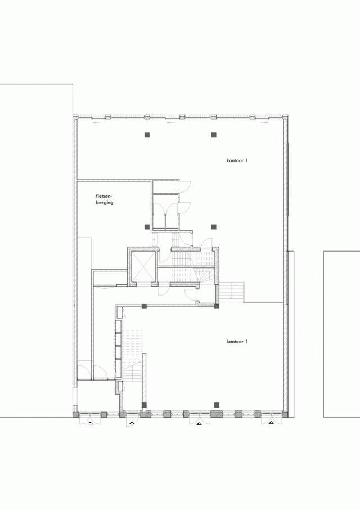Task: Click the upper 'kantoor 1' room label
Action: click(x=237, y=160)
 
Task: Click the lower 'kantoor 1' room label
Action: click(x=237, y=342)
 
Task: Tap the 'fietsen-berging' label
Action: click(x=105, y=199)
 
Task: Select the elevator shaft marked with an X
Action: click(x=142, y=266)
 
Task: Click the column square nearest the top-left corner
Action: click(x=147, y=135)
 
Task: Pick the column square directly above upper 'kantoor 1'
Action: click(x=213, y=135)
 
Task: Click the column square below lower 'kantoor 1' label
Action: click(x=217, y=404)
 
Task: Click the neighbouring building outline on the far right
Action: click(x=341, y=334)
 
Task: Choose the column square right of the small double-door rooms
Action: click(x=213, y=227)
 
